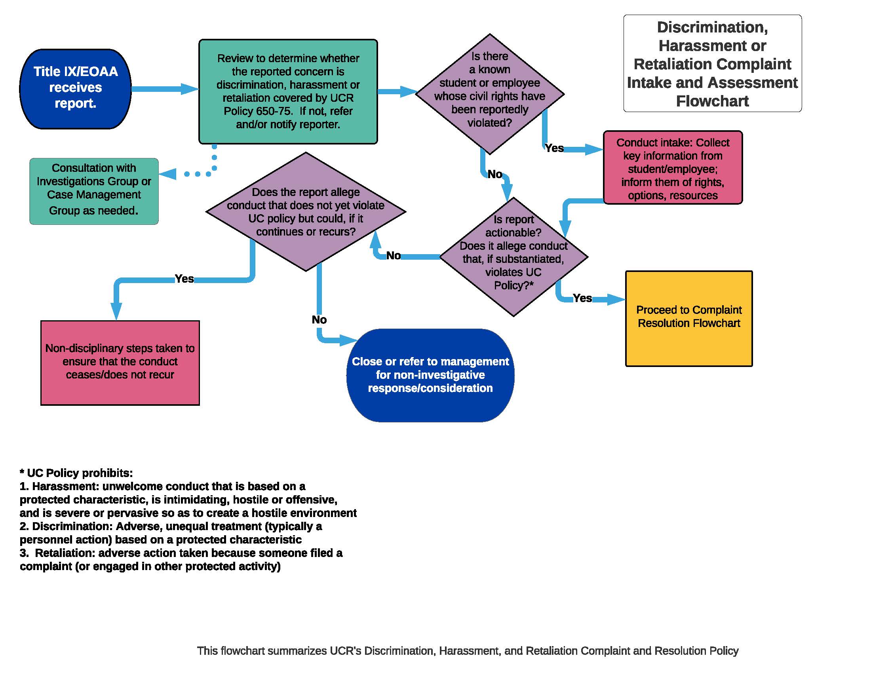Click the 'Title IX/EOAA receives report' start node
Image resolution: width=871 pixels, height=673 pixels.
tap(75, 89)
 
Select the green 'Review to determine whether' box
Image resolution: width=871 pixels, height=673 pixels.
tap(288, 91)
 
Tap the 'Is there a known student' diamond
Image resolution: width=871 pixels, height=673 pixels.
tap(489, 94)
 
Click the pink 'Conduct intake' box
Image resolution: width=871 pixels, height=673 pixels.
tap(672, 168)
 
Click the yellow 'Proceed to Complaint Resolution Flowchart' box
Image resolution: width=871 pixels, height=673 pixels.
tap(689, 318)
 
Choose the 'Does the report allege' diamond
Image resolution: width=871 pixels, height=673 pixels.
tap(306, 212)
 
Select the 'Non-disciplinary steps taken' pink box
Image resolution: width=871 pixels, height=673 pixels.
tap(120, 362)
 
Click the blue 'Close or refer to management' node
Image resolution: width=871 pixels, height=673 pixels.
tap(430, 375)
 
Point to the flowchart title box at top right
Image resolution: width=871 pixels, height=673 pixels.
tap(712, 64)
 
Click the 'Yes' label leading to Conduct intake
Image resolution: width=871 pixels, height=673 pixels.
tap(554, 148)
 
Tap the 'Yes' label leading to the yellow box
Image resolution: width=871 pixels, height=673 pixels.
tap(582, 298)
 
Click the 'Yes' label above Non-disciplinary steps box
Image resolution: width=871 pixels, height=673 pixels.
tap(184, 279)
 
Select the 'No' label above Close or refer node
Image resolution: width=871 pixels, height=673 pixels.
tap(319, 320)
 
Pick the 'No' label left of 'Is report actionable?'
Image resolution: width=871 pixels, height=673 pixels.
tap(393, 256)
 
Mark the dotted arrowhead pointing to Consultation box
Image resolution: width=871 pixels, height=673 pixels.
tap(168, 174)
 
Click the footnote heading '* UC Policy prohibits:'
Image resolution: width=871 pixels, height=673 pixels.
tap(76, 473)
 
